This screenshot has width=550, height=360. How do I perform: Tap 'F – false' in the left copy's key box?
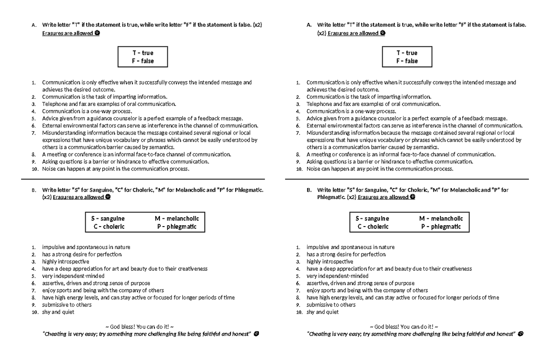pyautogui.click(x=143, y=61)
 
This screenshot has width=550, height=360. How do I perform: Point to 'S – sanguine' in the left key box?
pyautogui.click(x=108, y=219)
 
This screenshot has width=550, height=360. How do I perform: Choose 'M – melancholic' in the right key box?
pyautogui.click(x=441, y=219)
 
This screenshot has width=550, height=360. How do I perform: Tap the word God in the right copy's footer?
pyautogui.click(x=379, y=327)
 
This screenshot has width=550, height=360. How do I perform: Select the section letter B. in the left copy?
pyautogui.click(x=33, y=190)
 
